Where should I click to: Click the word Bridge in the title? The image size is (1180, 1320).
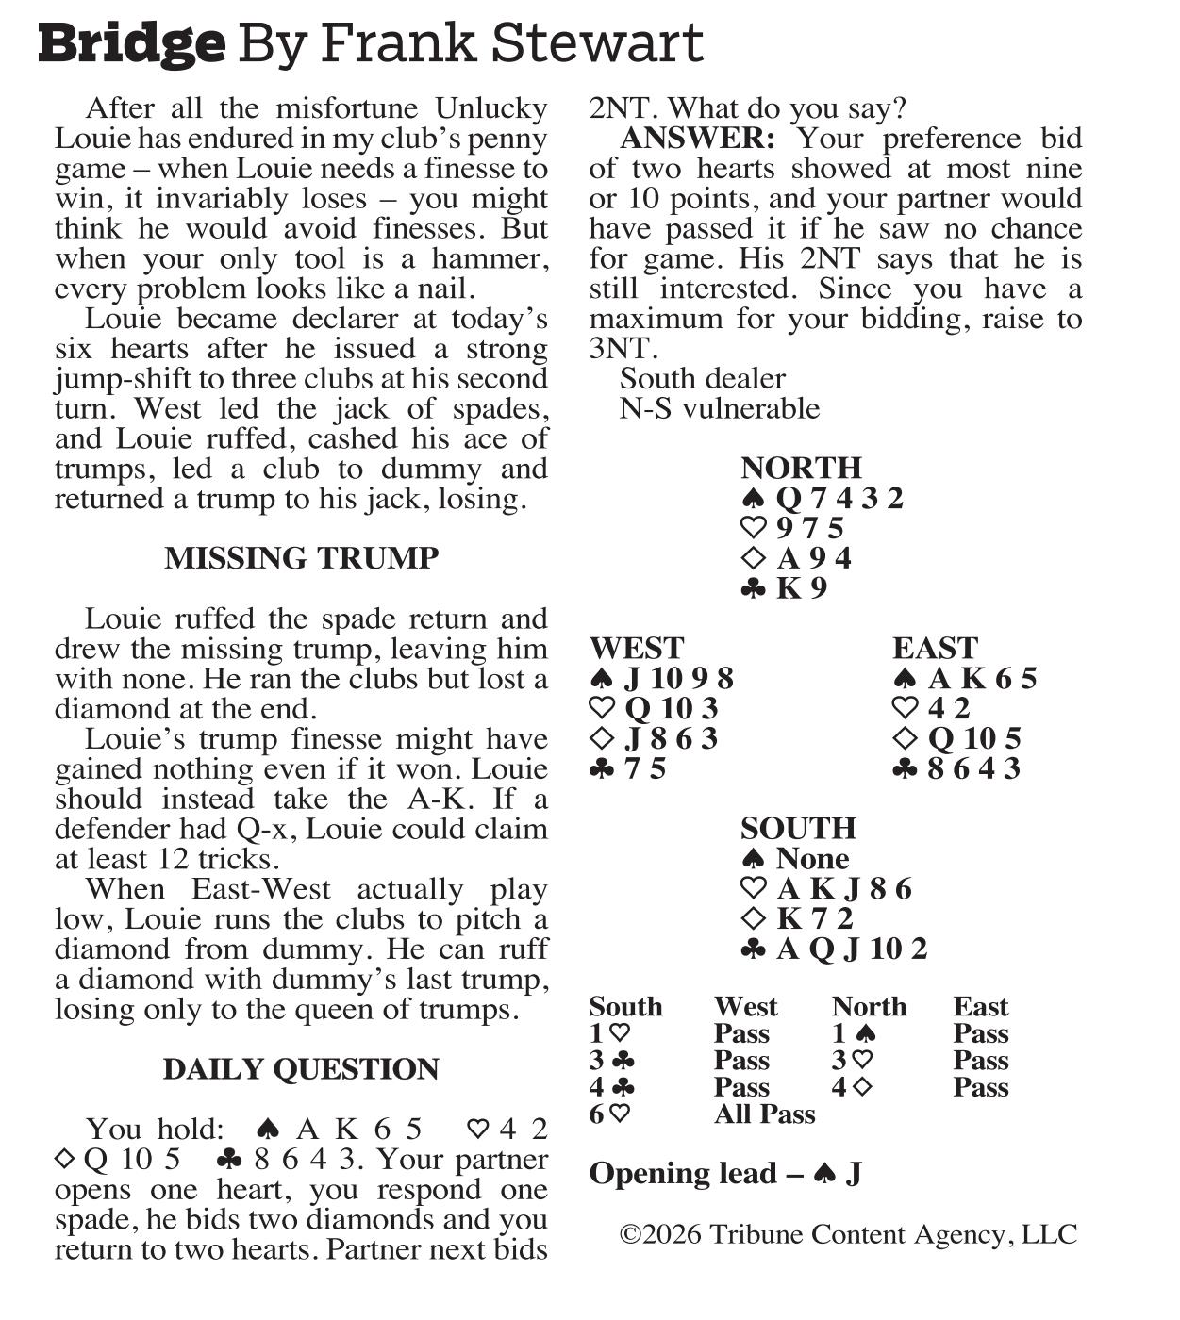tap(132, 43)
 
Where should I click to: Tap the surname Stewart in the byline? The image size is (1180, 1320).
tap(610, 43)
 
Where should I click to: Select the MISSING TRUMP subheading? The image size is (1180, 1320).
tap(301, 558)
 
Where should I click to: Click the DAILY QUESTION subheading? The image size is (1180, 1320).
tap(301, 1069)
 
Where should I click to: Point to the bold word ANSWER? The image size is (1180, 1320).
tap(697, 139)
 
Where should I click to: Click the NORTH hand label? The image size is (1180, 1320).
tap(801, 468)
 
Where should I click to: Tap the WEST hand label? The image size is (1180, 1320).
tap(637, 648)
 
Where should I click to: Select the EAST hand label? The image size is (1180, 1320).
tap(935, 648)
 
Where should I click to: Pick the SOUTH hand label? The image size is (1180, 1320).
tap(798, 828)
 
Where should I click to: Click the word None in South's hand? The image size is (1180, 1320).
tap(812, 858)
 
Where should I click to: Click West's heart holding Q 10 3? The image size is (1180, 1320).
tap(671, 708)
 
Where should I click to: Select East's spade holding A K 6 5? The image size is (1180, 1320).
tap(982, 678)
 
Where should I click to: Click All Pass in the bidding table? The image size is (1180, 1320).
tap(764, 1114)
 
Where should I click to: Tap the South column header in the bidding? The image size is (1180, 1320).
tap(625, 1007)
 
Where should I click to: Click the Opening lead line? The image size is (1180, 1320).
tap(725, 1174)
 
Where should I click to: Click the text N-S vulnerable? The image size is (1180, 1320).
tap(720, 408)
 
